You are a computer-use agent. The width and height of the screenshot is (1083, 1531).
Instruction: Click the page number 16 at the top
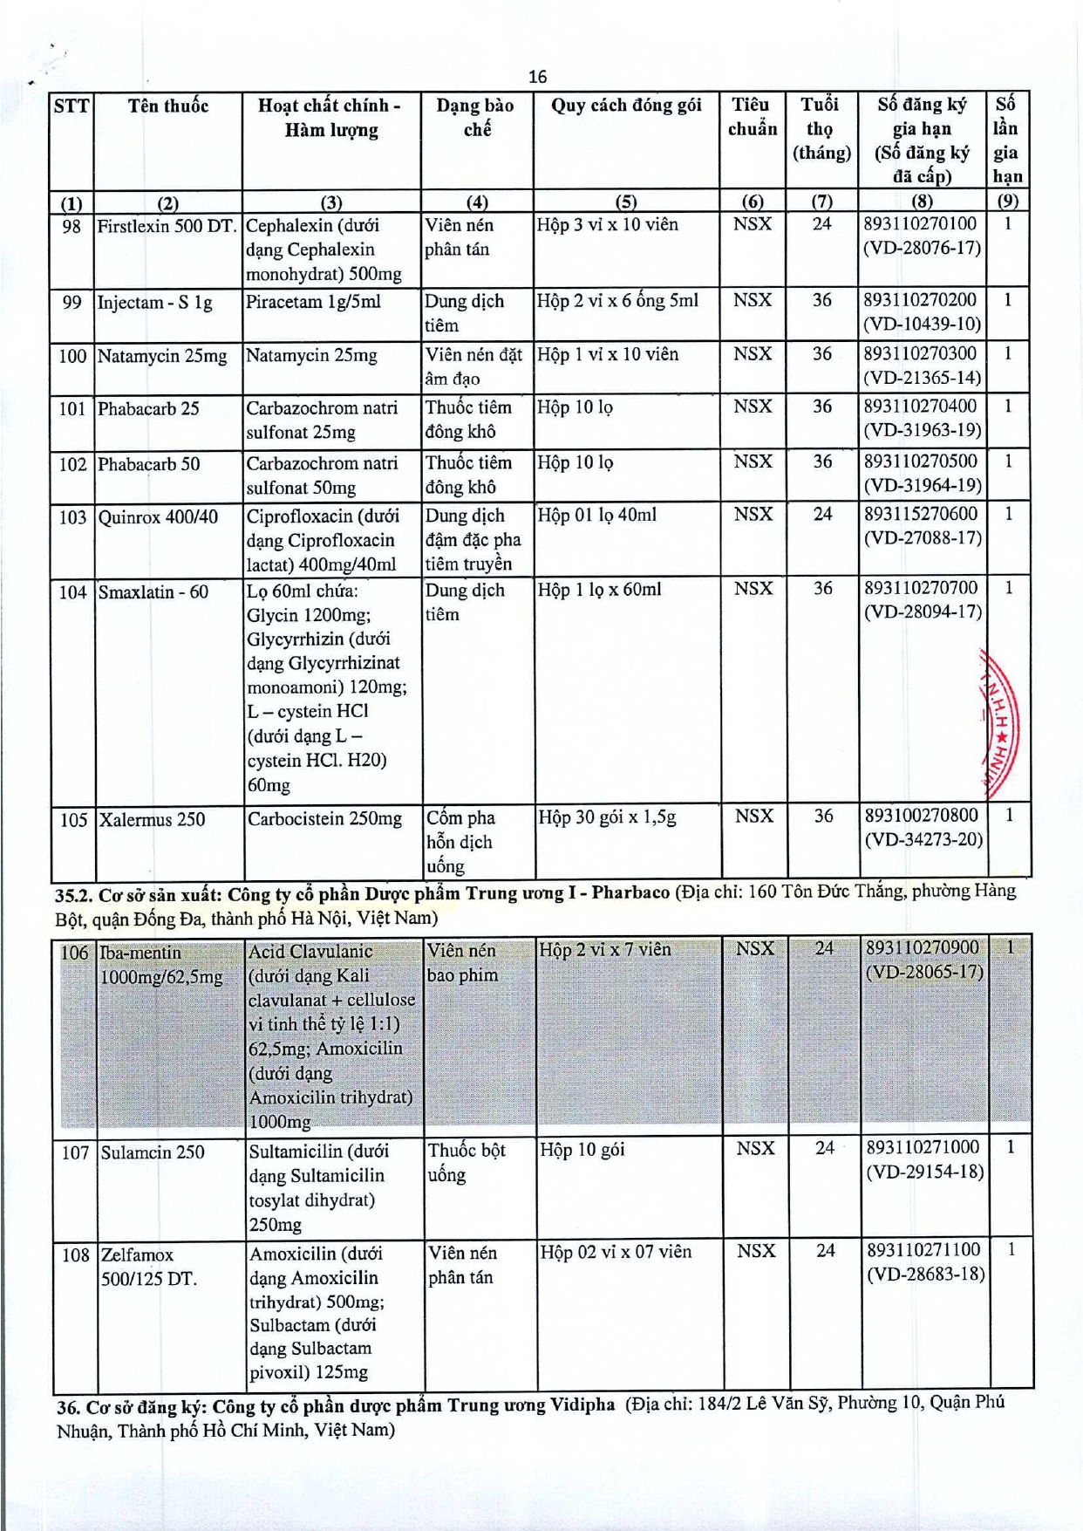click(x=537, y=77)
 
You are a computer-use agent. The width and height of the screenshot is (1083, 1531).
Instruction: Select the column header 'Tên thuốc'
click(x=168, y=106)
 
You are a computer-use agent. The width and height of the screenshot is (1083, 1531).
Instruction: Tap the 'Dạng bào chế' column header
click(x=475, y=117)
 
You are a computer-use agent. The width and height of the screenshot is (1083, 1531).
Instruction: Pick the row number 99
click(x=72, y=303)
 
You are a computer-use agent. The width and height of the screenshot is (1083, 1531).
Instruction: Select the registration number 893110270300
click(x=920, y=354)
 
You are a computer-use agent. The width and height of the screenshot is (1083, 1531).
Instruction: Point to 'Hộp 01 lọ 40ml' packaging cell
click(x=596, y=516)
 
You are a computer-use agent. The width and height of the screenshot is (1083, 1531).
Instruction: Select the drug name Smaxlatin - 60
click(x=153, y=592)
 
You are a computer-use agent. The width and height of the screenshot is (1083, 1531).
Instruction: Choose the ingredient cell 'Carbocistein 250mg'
click(x=324, y=819)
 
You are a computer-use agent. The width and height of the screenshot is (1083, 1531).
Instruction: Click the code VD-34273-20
click(x=923, y=840)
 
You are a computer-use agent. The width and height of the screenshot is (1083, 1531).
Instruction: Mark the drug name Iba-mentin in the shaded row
click(x=141, y=953)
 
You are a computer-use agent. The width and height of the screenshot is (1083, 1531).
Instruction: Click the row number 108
click(x=76, y=1254)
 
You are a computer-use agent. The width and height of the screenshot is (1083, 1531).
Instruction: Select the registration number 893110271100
click(x=923, y=1250)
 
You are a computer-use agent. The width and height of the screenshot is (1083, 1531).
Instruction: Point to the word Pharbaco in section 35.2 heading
click(x=630, y=892)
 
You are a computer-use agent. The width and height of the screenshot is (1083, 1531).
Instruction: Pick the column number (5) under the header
click(x=625, y=202)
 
